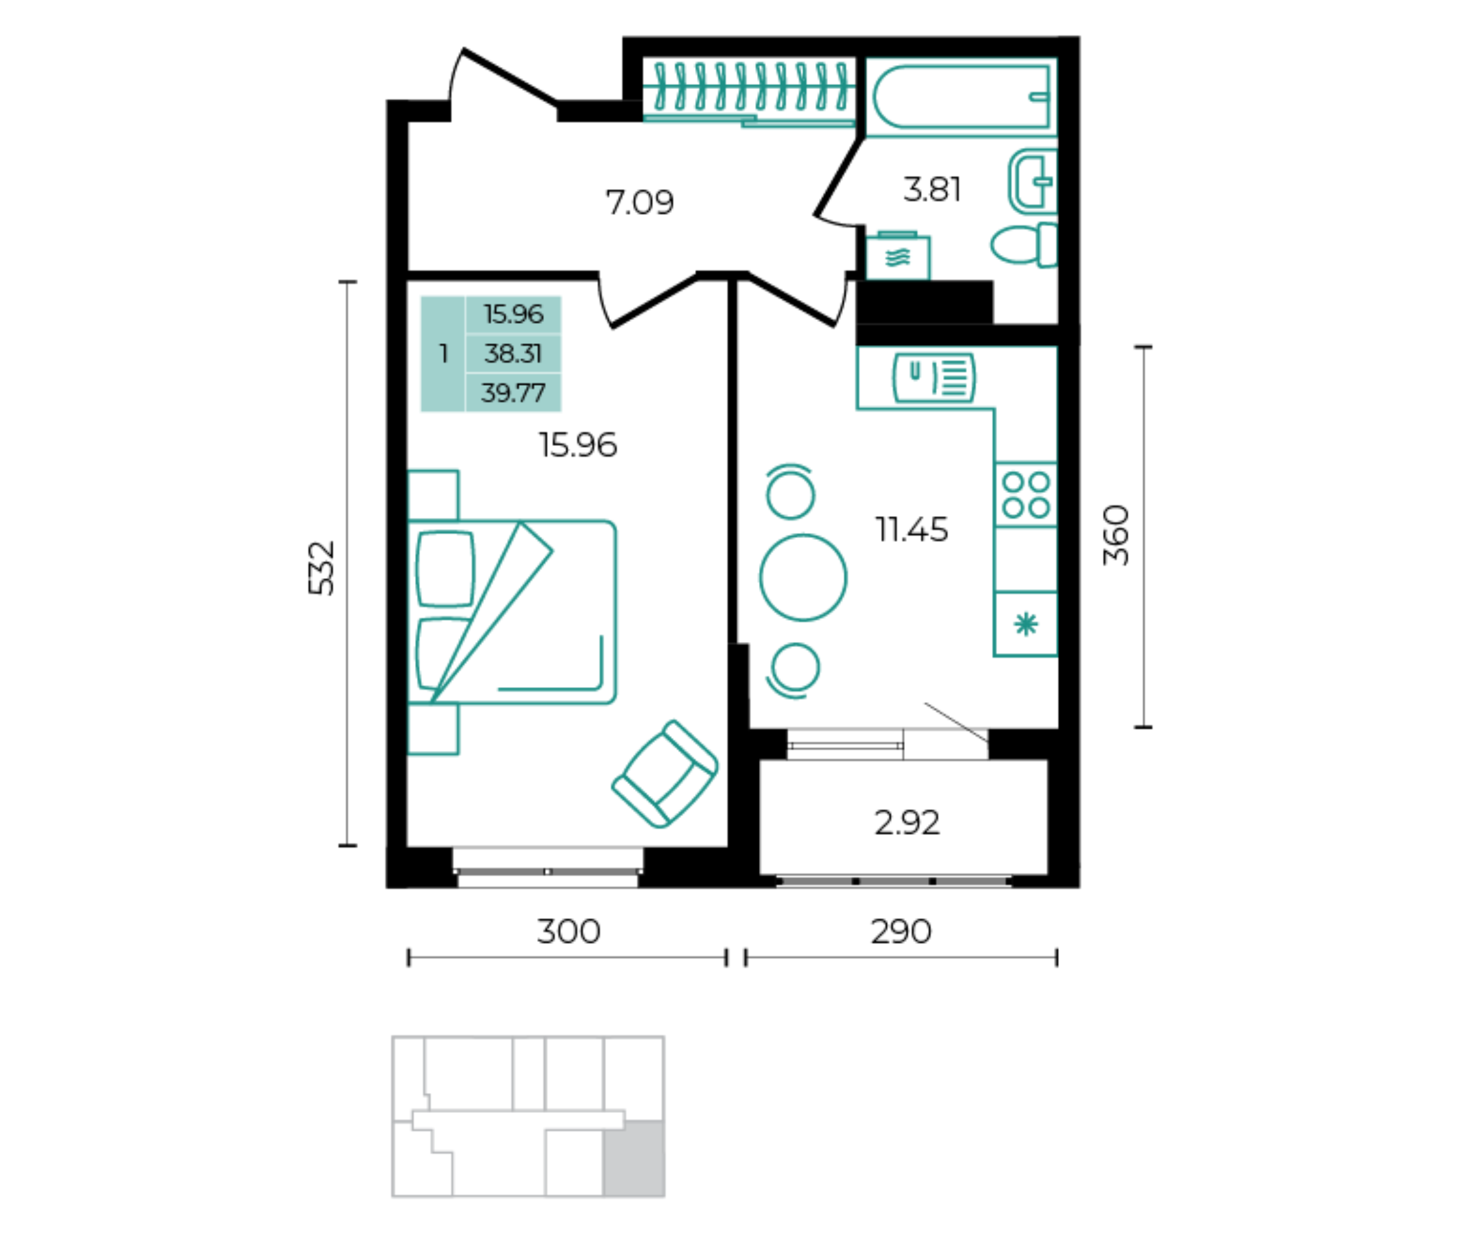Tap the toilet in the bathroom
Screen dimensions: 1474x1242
tap(1025, 245)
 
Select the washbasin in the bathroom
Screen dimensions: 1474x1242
tap(1033, 181)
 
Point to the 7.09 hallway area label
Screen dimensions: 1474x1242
tap(640, 203)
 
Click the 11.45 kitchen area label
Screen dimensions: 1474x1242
tap(911, 530)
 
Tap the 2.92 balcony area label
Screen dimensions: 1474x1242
tap(907, 823)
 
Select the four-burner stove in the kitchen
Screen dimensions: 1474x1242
tap(1026, 495)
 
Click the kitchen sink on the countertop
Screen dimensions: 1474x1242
tap(934, 377)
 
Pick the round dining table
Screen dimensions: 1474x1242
tap(803, 577)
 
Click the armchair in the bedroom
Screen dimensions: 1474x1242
tap(665, 773)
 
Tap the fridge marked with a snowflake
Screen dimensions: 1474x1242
tap(1025, 624)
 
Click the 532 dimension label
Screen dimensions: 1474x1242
tap(321, 568)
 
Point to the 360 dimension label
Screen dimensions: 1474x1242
tap(1116, 535)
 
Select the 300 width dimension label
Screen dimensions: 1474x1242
tap(569, 932)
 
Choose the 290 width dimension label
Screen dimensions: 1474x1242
tap(901, 932)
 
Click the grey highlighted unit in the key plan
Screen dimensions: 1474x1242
tap(634, 1158)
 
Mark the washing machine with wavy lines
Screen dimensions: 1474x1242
tap(897, 257)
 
